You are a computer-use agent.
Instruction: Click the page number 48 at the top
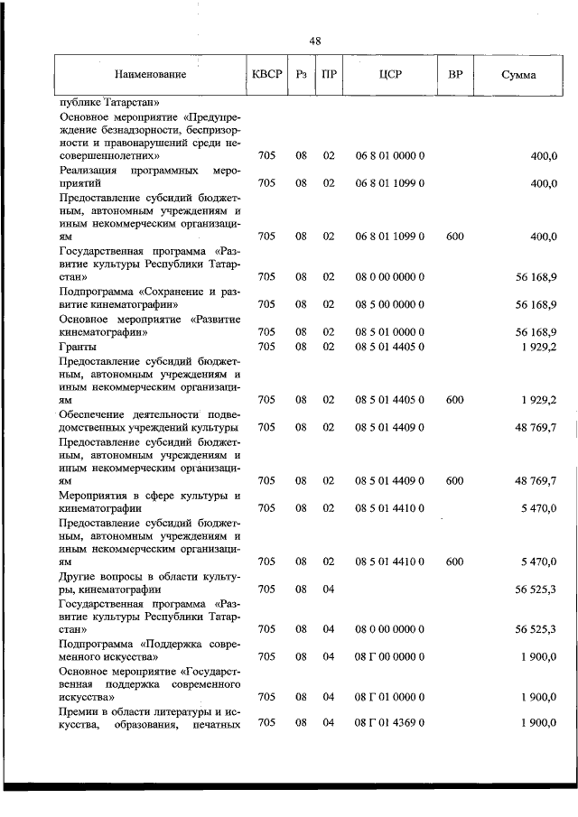[x=314, y=42]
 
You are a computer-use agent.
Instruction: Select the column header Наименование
[x=150, y=75]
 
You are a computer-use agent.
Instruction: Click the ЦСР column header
[x=390, y=75]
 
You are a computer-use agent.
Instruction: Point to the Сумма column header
[x=517, y=75]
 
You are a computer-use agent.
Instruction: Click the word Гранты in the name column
[x=76, y=346]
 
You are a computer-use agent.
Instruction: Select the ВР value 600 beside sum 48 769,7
[x=454, y=480]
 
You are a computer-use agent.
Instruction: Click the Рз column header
[x=302, y=75]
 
